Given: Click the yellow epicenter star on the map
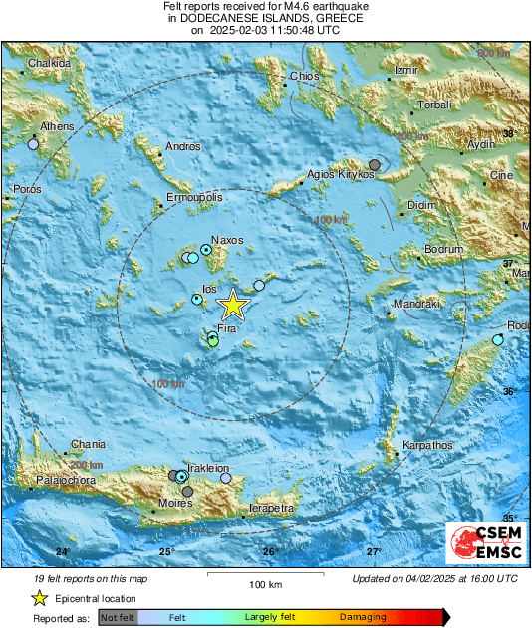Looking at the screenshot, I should tap(232, 304).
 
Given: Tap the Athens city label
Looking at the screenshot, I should tap(57, 127).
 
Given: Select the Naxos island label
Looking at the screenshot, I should tap(227, 240).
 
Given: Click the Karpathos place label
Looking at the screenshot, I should tap(426, 445).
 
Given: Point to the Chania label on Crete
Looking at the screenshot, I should tap(86, 445).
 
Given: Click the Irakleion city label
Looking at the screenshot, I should tap(208, 468).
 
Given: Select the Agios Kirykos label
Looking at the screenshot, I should tap(340, 175).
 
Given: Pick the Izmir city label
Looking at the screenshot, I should tap(405, 71).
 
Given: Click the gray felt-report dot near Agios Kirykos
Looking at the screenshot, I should tap(375, 164).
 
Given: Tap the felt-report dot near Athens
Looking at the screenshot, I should tap(33, 144).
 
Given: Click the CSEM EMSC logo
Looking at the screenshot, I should tap(486, 543).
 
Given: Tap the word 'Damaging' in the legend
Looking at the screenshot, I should tap(362, 618).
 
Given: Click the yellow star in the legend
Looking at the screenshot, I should tap(39, 598).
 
